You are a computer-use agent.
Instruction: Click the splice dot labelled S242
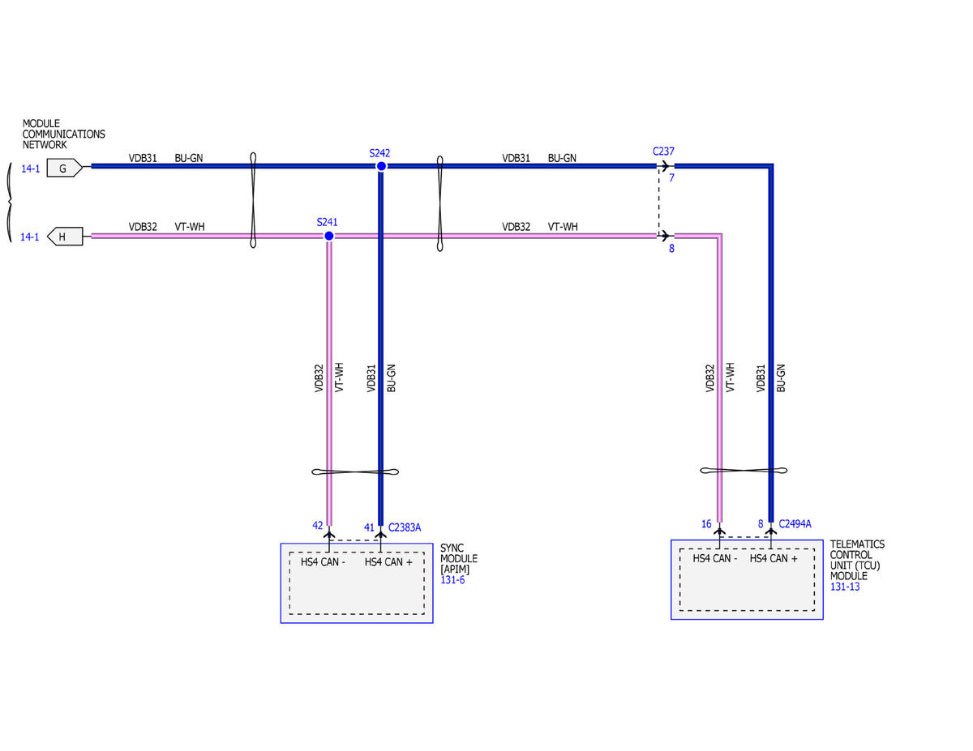tap(381, 166)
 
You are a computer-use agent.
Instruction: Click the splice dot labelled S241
tap(328, 236)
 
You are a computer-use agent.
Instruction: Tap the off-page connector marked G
tap(65, 168)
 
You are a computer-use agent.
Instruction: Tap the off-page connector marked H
tap(65, 237)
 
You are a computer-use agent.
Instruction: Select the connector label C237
tap(663, 151)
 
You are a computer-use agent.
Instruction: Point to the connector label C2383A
tap(405, 527)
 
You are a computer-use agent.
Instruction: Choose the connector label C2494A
tap(795, 524)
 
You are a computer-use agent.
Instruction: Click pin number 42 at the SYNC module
tap(318, 525)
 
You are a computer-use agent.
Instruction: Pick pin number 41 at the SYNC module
tap(368, 527)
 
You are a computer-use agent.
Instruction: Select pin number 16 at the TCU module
tap(706, 524)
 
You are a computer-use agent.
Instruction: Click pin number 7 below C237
tap(671, 177)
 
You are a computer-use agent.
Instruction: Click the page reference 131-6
tap(452, 580)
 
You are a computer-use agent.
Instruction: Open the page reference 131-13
tap(845, 587)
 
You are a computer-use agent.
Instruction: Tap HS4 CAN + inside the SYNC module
tap(388, 561)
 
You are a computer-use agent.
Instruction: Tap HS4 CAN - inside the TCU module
tap(714, 558)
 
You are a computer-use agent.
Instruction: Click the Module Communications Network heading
tap(63, 134)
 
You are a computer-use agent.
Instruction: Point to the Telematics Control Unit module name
tap(857, 560)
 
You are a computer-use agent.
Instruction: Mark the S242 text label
tap(379, 153)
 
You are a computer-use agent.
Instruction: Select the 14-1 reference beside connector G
tap(31, 169)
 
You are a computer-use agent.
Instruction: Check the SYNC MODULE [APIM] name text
tap(458, 558)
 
